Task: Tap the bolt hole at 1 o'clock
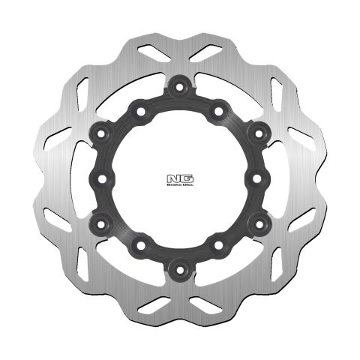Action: click(x=218, y=111)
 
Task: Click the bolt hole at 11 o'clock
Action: click(x=140, y=111)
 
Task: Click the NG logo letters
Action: click(x=179, y=178)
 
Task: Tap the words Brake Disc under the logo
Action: click(x=179, y=186)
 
